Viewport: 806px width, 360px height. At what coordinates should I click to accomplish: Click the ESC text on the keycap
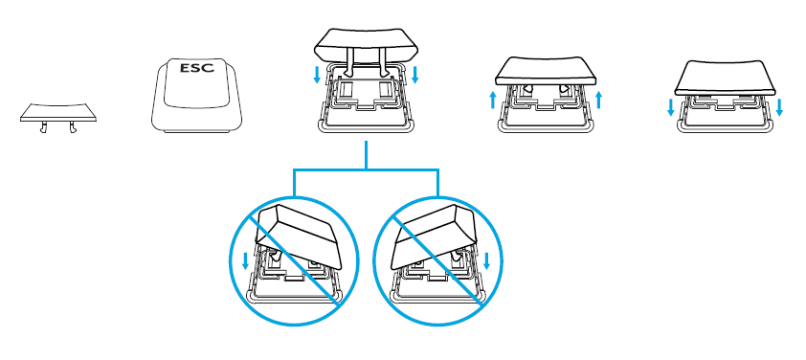(x=197, y=68)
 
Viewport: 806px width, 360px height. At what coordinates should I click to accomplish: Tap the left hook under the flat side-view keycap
(x=44, y=127)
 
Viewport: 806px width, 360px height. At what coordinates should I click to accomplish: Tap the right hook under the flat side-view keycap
(x=72, y=127)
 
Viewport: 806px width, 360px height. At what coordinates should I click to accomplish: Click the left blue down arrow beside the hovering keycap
(x=317, y=75)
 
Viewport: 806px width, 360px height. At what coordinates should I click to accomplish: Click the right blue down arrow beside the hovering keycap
(x=415, y=75)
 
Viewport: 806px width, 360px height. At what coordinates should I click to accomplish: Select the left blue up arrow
(x=494, y=100)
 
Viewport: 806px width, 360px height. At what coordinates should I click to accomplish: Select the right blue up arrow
(x=598, y=100)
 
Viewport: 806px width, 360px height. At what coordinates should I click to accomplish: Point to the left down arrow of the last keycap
(x=671, y=107)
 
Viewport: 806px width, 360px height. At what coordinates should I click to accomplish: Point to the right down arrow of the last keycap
(x=780, y=107)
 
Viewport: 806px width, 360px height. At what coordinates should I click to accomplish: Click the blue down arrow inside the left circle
(x=245, y=260)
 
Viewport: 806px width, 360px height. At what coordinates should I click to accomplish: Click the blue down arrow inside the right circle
(x=487, y=260)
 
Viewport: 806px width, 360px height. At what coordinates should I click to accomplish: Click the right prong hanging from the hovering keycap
(x=383, y=61)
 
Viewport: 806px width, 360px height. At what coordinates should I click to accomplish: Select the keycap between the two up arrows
(x=547, y=72)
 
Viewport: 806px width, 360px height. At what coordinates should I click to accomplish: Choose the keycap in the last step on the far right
(x=726, y=78)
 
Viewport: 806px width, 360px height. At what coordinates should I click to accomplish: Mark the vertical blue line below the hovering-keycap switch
(x=366, y=154)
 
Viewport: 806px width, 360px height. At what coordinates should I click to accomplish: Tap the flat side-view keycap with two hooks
(x=58, y=113)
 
